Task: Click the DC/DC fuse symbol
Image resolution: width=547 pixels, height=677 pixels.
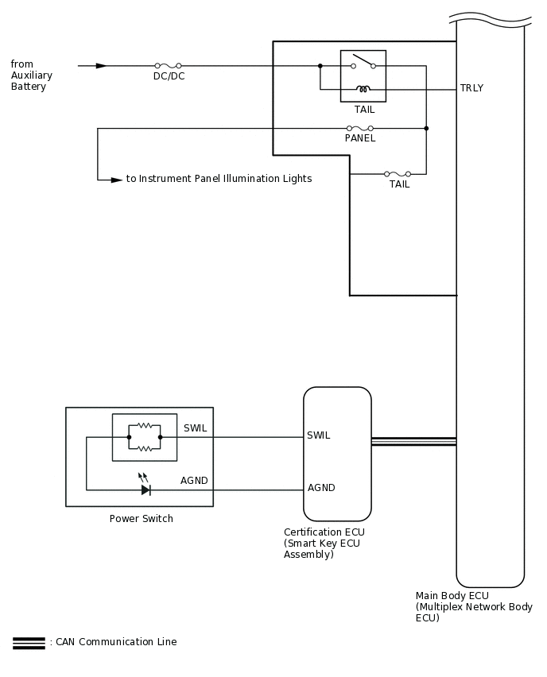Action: pos(167,66)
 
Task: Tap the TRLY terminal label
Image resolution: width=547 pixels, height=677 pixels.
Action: pos(471,88)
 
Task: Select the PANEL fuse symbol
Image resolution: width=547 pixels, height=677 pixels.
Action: pos(360,128)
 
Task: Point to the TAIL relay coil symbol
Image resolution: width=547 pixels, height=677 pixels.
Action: pos(363,88)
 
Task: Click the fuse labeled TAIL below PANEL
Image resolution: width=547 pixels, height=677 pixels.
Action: pos(398,173)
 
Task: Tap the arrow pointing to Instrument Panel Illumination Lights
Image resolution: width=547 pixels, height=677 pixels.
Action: pos(116,180)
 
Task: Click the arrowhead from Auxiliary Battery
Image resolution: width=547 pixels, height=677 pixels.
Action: pos(101,66)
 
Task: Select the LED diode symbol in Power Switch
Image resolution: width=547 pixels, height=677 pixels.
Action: pos(145,489)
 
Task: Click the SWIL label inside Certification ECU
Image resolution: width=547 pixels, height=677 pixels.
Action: pos(319,435)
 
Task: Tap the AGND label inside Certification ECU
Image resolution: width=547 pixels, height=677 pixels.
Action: pos(321,488)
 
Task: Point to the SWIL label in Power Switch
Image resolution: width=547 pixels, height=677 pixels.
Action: pos(195,428)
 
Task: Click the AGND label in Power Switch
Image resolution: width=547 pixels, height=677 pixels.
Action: pos(194,482)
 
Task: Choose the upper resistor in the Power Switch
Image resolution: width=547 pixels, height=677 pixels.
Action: pos(145,425)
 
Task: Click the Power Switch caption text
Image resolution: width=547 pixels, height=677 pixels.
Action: pos(141,519)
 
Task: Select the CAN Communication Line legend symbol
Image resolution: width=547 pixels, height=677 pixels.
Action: pos(29,643)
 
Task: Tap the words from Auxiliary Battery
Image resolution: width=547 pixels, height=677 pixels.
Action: pos(32,75)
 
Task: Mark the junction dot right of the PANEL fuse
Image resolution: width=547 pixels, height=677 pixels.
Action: pos(427,128)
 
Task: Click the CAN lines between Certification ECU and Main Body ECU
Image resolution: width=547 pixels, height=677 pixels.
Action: pos(413,441)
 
